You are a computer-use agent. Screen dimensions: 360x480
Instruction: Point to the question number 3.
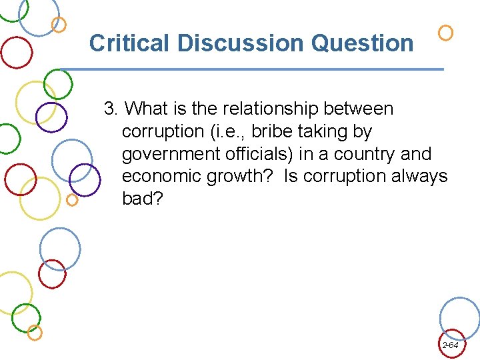pyautogui.click(x=110, y=109)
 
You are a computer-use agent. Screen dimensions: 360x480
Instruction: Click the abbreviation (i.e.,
pyautogui.click(x=230, y=131)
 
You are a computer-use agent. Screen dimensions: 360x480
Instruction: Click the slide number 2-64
pyautogui.click(x=450, y=345)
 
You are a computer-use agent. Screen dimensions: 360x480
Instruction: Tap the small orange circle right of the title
pyautogui.click(x=446, y=32)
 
